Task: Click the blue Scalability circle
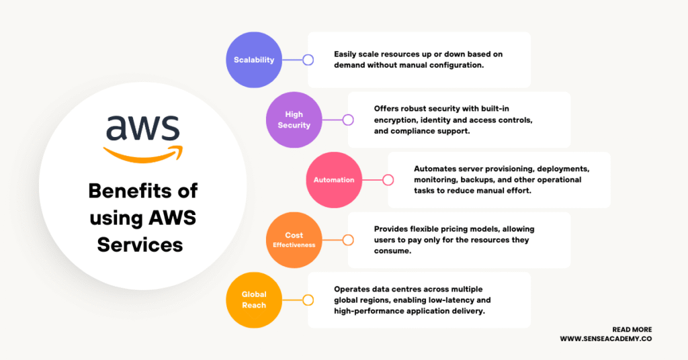(254, 60)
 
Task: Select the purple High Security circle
(294, 120)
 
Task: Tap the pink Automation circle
(334, 180)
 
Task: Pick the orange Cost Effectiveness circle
(294, 240)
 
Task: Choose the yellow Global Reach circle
(254, 300)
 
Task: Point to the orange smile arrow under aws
(142, 153)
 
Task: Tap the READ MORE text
(632, 330)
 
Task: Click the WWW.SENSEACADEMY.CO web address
(606, 340)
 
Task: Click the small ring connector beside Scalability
(308, 60)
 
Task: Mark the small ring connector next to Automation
(388, 180)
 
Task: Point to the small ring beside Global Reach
(308, 300)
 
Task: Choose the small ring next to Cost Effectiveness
(348, 240)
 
